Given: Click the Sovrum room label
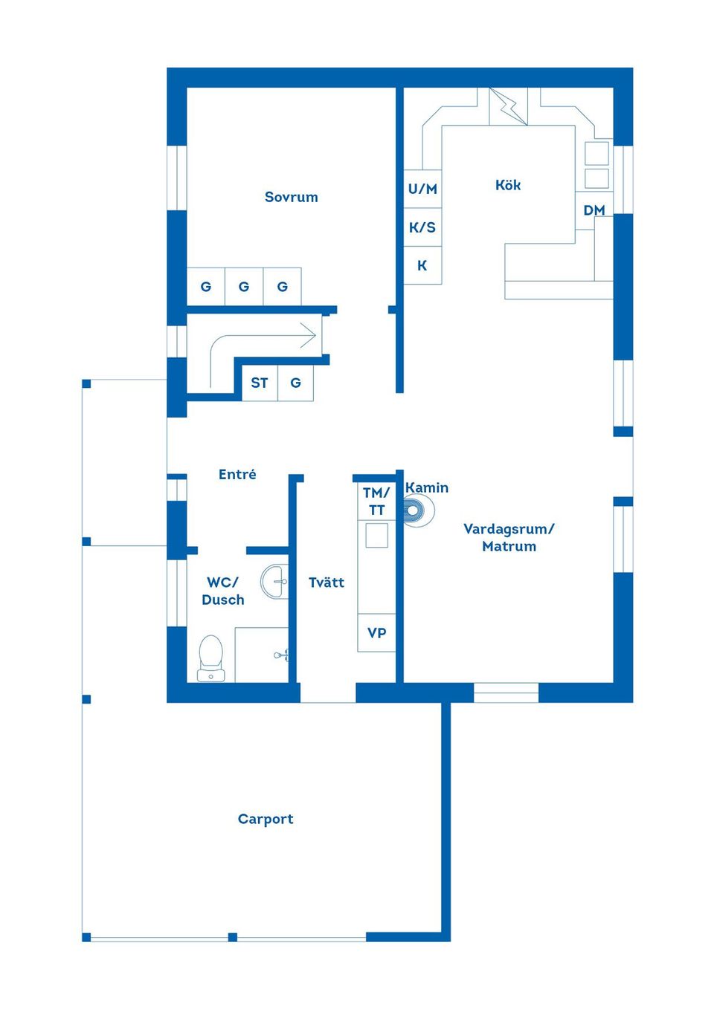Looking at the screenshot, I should [291, 197].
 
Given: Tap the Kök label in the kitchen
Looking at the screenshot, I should [508, 185].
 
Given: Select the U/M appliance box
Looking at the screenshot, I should [422, 189].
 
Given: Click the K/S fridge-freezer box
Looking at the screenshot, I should [422, 227].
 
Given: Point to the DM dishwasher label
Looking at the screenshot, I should [594, 210].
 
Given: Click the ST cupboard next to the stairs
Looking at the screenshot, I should [260, 383].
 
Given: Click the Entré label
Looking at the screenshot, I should [237, 474].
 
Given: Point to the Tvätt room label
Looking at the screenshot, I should [327, 583].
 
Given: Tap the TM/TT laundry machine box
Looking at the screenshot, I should [376, 501].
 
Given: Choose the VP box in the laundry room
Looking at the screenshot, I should [376, 633].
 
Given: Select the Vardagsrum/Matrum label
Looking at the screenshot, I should [509, 537].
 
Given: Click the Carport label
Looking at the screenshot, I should [266, 819].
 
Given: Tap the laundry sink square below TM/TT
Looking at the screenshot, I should [376, 536].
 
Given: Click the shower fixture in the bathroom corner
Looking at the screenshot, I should [281, 655].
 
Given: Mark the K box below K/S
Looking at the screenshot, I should [422, 266].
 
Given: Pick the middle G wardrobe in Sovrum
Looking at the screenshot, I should [244, 287].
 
